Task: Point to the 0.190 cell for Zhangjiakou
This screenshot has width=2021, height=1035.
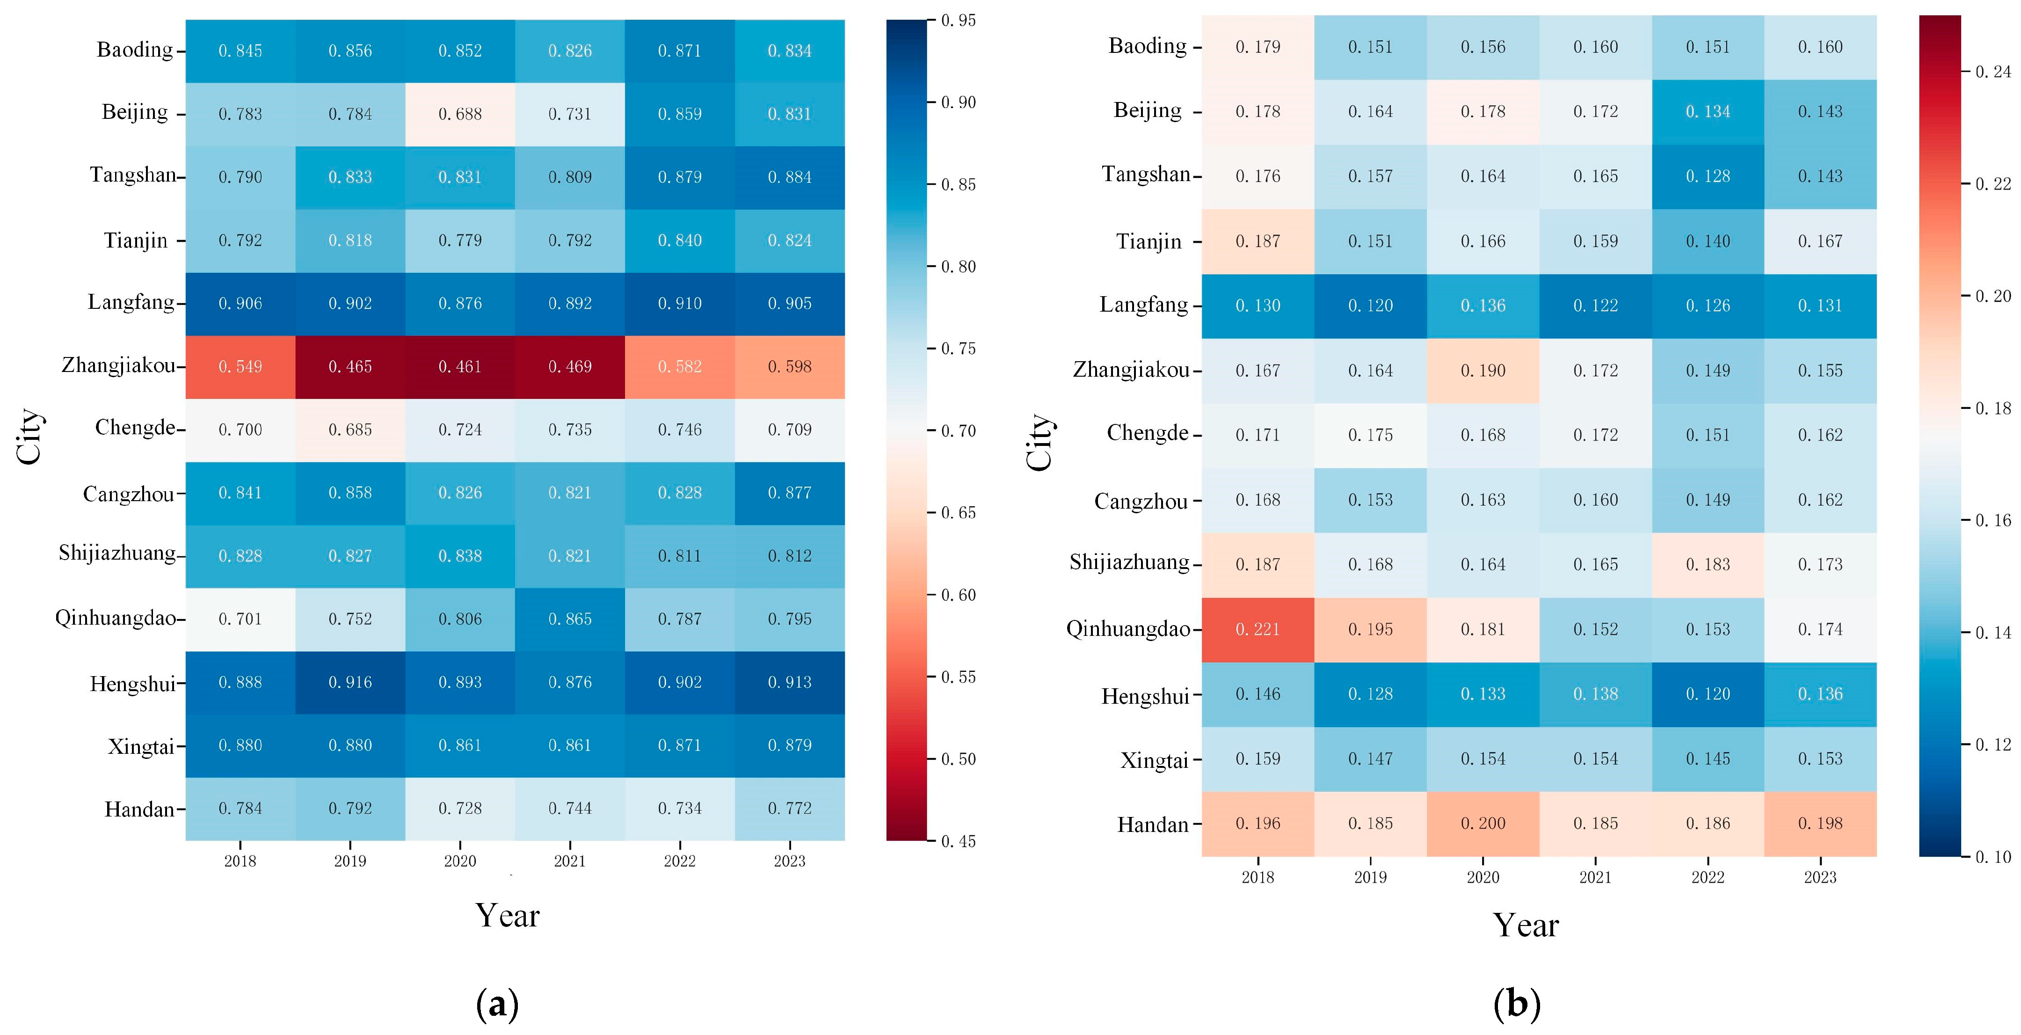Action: click(x=1483, y=371)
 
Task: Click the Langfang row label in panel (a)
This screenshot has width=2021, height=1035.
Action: click(x=131, y=303)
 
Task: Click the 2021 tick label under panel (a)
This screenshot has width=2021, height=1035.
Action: click(x=570, y=861)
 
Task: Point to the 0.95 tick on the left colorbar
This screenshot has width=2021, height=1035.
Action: click(x=959, y=21)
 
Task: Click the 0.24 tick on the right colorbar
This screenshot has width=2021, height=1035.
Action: click(x=1993, y=72)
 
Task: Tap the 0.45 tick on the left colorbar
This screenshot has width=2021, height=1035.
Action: click(x=959, y=841)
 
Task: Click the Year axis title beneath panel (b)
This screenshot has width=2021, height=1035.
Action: click(x=1526, y=925)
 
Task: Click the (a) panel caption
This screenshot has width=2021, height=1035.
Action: click(x=497, y=1004)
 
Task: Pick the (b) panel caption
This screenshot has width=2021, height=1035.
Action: click(x=1517, y=1004)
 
